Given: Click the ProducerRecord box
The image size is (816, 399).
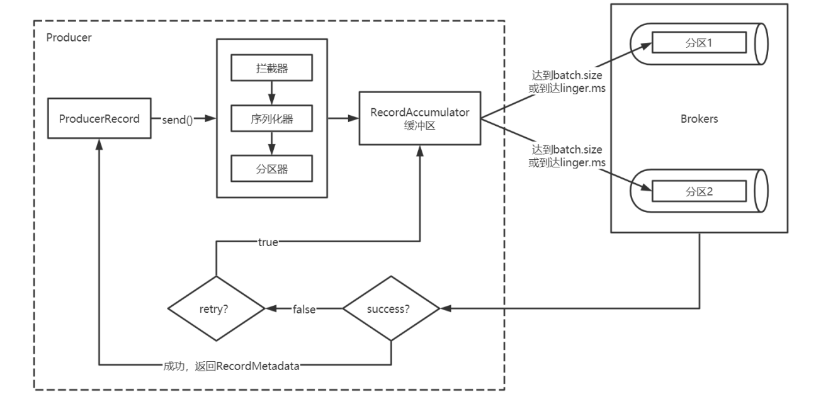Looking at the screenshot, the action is tap(99, 118).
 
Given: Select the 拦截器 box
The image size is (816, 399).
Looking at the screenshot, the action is tap(272, 68).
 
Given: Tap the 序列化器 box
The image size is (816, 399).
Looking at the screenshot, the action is tap(272, 118).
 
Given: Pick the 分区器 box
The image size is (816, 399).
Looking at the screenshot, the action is tap(272, 169).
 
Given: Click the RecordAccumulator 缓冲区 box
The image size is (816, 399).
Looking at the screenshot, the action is tap(420, 118).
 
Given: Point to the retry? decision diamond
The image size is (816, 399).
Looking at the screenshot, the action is tap(217, 309).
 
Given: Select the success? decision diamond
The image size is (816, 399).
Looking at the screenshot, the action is tap(391, 309).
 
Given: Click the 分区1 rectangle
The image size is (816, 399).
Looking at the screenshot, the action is tap(699, 43).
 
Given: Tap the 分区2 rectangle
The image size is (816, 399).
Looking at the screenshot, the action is tap(699, 191).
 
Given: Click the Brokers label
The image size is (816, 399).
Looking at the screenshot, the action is tap(699, 119).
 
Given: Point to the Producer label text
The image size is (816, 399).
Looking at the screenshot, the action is tap(69, 38).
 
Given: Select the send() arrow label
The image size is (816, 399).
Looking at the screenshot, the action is tap(178, 120).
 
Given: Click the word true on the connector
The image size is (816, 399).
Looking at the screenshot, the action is tap(268, 242).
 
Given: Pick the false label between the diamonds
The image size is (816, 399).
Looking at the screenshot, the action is tap(304, 309).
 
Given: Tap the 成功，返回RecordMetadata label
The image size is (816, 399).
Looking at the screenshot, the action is tap(231, 366).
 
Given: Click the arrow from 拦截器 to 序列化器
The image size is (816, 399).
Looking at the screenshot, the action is tap(272, 93).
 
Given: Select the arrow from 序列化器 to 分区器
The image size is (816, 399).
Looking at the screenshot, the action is tap(272, 143).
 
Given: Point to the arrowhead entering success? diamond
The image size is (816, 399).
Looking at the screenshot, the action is tap(446, 309).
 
